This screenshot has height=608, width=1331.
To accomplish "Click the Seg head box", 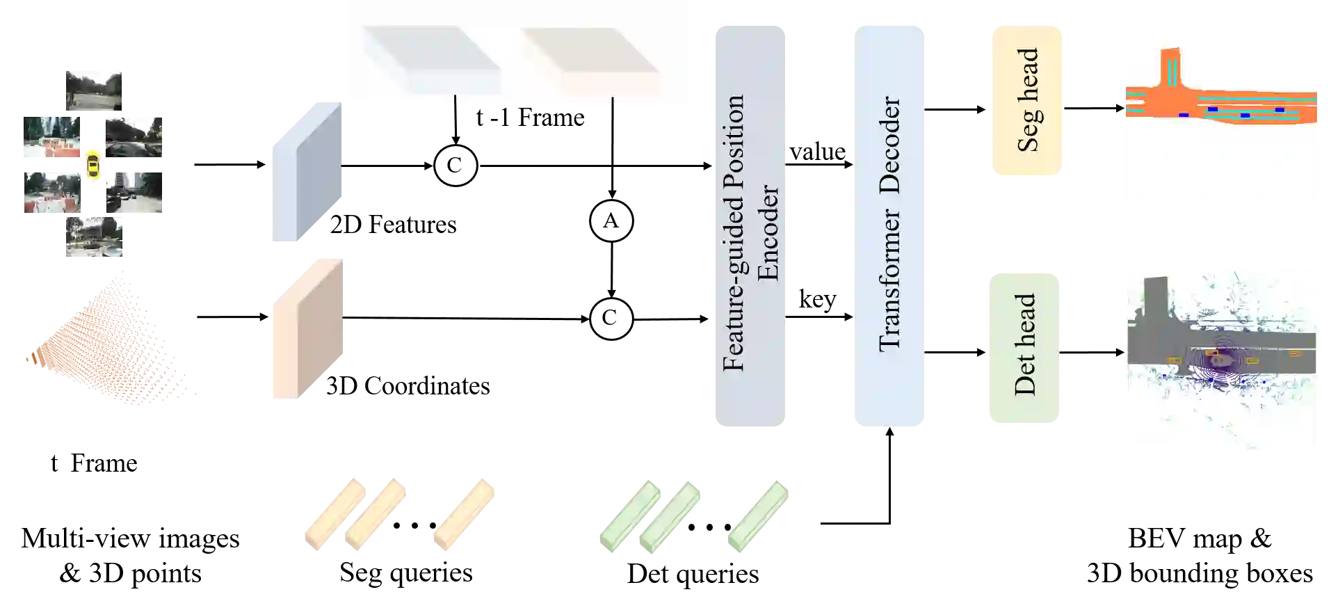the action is click(x=1026, y=99).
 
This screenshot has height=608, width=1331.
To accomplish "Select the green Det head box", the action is click(x=1024, y=346).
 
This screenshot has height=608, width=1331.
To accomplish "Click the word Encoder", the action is click(x=768, y=232).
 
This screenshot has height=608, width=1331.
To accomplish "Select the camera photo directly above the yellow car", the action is click(x=92, y=88).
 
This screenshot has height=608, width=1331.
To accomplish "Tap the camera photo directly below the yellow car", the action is click(x=92, y=239).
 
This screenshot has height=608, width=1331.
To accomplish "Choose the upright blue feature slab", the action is click(x=308, y=173).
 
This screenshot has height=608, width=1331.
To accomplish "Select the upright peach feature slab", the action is click(x=308, y=328).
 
